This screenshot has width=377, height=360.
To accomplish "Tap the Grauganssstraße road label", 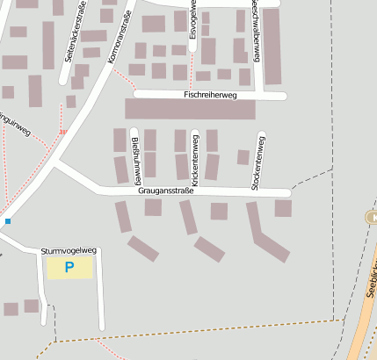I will coord(165,191).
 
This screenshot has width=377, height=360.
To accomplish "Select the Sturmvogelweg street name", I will coord(68,251).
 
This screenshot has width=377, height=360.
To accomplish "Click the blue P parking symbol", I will coord(69,267).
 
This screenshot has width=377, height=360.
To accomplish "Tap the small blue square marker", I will coord(8,221).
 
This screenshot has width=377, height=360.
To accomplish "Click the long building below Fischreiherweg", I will coord(190,109).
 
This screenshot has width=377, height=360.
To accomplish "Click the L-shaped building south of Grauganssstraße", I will coord(264,233).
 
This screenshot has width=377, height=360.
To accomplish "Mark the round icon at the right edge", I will coord(371,217).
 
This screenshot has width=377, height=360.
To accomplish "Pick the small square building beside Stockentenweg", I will coord(243,157).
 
